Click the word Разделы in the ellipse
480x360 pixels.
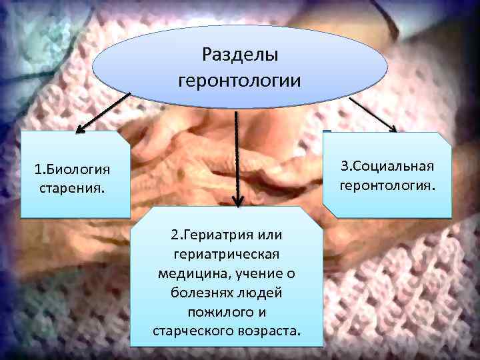239,55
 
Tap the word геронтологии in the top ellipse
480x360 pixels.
240,81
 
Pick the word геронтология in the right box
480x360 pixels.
387,184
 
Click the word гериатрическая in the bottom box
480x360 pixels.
227,255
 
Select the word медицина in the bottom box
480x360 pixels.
189,274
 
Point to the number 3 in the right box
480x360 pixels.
345,165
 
